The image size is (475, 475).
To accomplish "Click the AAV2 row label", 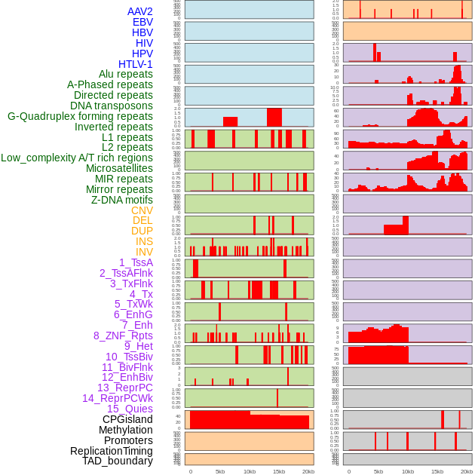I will click(140, 12).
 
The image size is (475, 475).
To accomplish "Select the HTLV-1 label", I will click(136, 64).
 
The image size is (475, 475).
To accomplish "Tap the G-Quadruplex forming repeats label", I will click(80, 117).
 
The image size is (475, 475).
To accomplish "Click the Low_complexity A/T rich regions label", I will click(77, 158).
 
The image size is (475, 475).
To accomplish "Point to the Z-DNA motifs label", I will click(122, 200).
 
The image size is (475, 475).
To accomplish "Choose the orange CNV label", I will click(142, 210).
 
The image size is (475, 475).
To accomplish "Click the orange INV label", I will click(144, 252).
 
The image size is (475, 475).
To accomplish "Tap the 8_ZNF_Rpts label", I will click(123, 336).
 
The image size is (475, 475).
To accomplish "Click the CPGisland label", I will click(127, 419).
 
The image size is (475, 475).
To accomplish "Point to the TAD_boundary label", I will click(118, 461).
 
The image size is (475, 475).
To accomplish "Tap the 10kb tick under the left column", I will click(250, 471).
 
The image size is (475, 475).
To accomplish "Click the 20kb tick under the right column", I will click(467, 471).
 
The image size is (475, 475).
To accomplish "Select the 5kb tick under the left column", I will click(220, 471).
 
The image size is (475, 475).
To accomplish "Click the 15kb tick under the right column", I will click(437, 471).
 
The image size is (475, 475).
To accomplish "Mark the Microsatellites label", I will click(119, 168).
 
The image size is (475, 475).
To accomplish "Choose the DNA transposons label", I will click(112, 106).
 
